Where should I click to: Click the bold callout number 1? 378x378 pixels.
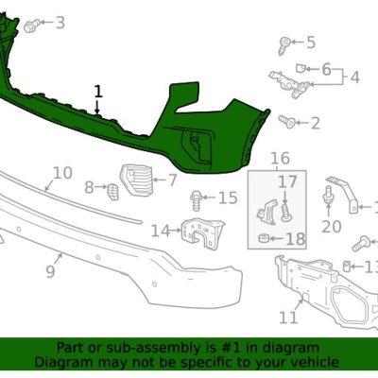98,92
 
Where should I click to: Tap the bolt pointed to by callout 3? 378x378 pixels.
32,26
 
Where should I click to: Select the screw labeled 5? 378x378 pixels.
285,45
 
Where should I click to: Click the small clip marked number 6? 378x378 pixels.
300,68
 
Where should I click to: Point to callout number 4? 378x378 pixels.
355,77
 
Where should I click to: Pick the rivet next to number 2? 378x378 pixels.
286,122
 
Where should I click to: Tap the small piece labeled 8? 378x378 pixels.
112,192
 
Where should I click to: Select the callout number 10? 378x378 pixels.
62,173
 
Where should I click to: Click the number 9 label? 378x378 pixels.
50,271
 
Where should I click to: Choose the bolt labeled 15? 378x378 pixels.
196,200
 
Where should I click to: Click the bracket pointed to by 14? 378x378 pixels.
203,232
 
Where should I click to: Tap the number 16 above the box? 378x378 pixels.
280,158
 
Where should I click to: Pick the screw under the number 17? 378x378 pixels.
285,213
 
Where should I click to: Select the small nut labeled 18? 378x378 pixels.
264,238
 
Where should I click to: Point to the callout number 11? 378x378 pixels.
288,318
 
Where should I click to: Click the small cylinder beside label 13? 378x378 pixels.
346,266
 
